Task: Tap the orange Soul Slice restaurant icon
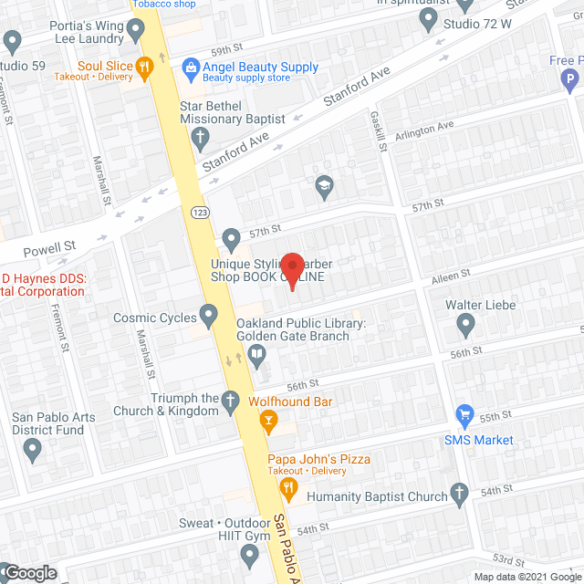(x=143, y=66)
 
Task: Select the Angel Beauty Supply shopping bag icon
(x=190, y=66)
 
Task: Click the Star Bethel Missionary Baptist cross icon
(x=200, y=137)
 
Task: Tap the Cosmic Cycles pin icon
(x=209, y=318)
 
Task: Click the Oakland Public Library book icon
(x=258, y=355)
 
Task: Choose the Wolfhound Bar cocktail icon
(x=268, y=419)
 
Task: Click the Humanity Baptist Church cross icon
(x=461, y=497)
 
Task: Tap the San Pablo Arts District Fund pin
(x=34, y=449)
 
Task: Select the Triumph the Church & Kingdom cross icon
(x=233, y=400)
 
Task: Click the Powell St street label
(x=50, y=248)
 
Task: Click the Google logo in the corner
(x=29, y=572)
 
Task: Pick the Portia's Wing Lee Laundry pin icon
(x=137, y=31)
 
